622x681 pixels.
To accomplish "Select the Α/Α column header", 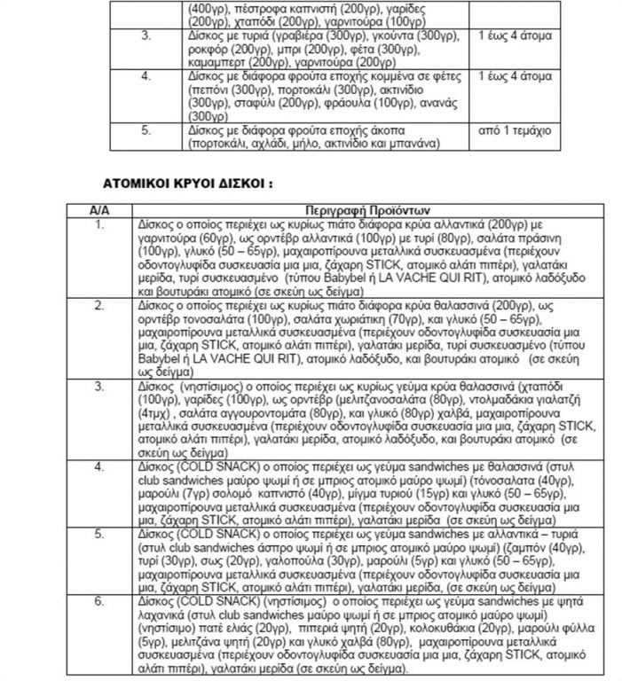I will click(x=98, y=210).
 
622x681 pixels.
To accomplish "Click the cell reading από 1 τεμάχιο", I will click(x=515, y=129).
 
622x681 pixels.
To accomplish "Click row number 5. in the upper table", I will click(x=147, y=129).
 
